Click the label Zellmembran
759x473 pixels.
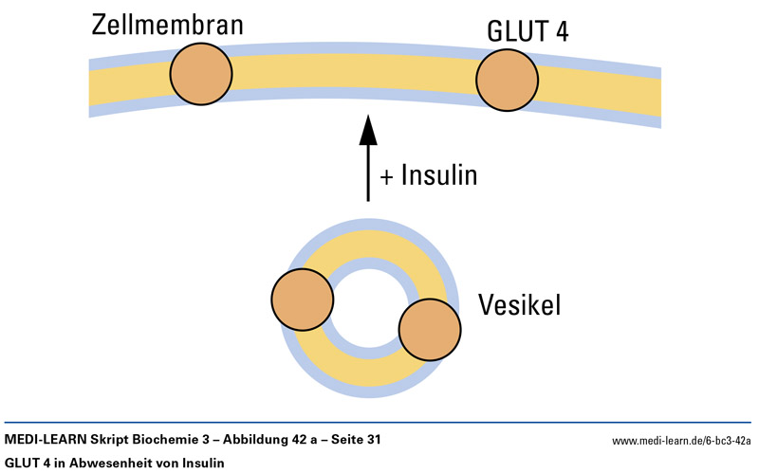click(x=167, y=24)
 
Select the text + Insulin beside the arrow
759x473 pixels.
click(x=428, y=175)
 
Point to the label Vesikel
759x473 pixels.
click(x=520, y=305)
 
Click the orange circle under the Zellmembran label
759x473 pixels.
click(x=201, y=74)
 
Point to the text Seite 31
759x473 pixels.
click(x=361, y=440)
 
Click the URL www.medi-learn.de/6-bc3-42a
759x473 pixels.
click(x=681, y=441)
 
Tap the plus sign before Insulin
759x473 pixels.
click(x=386, y=176)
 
